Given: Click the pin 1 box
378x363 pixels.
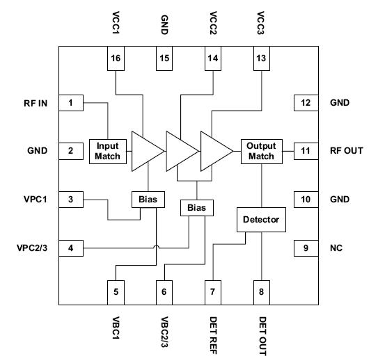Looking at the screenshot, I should [72, 104].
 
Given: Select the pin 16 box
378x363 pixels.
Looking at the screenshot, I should [116, 58].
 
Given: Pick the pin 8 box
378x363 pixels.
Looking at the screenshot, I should [262, 291].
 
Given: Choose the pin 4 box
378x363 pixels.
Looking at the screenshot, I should [72, 248].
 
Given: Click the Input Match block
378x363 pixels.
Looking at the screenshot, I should [107, 151].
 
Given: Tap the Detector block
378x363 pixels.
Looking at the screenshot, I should [261, 220].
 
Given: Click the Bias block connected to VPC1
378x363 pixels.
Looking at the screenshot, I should [148, 200].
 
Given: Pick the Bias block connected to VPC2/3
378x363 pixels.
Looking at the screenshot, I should [197, 207].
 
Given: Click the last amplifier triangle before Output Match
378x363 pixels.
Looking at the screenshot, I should [214, 151].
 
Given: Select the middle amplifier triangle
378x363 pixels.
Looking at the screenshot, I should [180, 151].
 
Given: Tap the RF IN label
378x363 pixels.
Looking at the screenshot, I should [33, 104].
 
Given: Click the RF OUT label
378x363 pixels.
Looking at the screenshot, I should [347, 150].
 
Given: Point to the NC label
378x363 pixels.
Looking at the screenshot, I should [338, 248].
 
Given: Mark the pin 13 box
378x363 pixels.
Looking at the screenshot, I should [262, 58].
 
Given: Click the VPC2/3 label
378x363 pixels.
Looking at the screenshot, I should [32, 248].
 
